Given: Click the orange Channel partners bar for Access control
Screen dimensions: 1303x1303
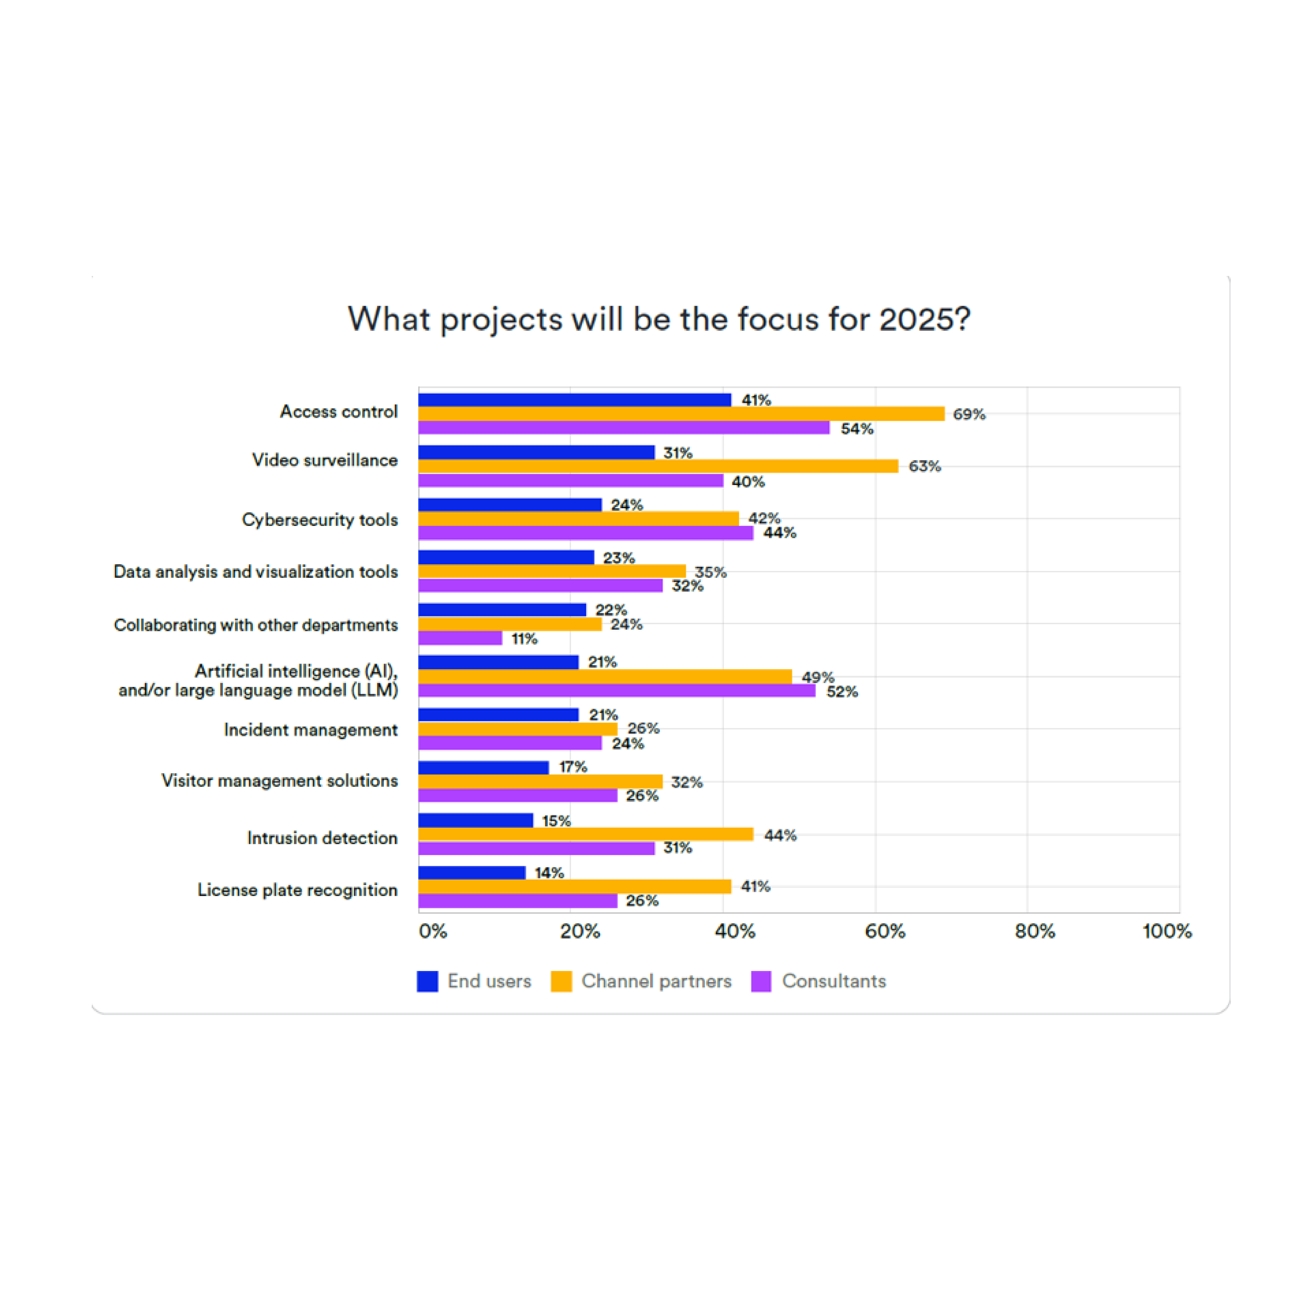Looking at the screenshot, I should [681, 413].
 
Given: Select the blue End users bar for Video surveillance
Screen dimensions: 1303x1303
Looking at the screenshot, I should [536, 452].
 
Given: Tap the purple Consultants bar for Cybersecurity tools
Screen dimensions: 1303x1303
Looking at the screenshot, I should [585, 533].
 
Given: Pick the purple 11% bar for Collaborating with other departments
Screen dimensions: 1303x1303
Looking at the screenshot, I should [460, 638].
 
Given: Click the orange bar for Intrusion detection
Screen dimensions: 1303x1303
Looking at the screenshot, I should [585, 834].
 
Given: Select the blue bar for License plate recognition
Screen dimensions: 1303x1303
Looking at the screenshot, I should [471, 873].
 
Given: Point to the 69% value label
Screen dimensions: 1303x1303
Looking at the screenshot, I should [969, 414].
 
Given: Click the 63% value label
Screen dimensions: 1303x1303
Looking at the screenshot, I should [925, 466].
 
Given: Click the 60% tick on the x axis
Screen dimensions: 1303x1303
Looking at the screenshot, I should [885, 931].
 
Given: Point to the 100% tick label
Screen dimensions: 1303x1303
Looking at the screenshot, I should [1167, 931].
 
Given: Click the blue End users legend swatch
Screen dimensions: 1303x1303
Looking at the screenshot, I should [428, 981].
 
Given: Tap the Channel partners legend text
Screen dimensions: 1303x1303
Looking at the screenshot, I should [656, 981].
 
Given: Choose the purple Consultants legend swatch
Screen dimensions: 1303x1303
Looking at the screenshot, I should [761, 981].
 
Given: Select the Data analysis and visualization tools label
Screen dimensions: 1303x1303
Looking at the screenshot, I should [256, 572].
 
